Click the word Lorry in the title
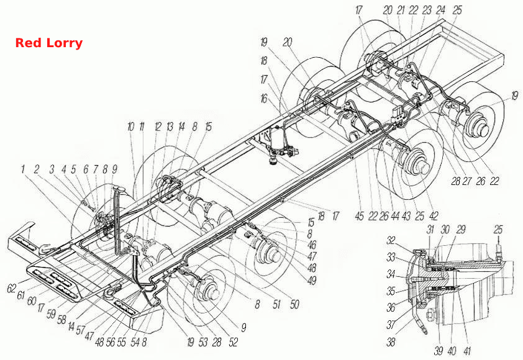tap(65, 43)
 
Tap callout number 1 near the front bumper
tap(23, 169)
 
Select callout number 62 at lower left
tap(12, 288)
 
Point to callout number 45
tap(359, 216)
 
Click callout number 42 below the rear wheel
tap(434, 216)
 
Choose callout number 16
tap(264, 98)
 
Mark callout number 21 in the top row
tap(401, 11)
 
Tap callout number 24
tap(440, 11)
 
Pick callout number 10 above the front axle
tap(130, 127)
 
